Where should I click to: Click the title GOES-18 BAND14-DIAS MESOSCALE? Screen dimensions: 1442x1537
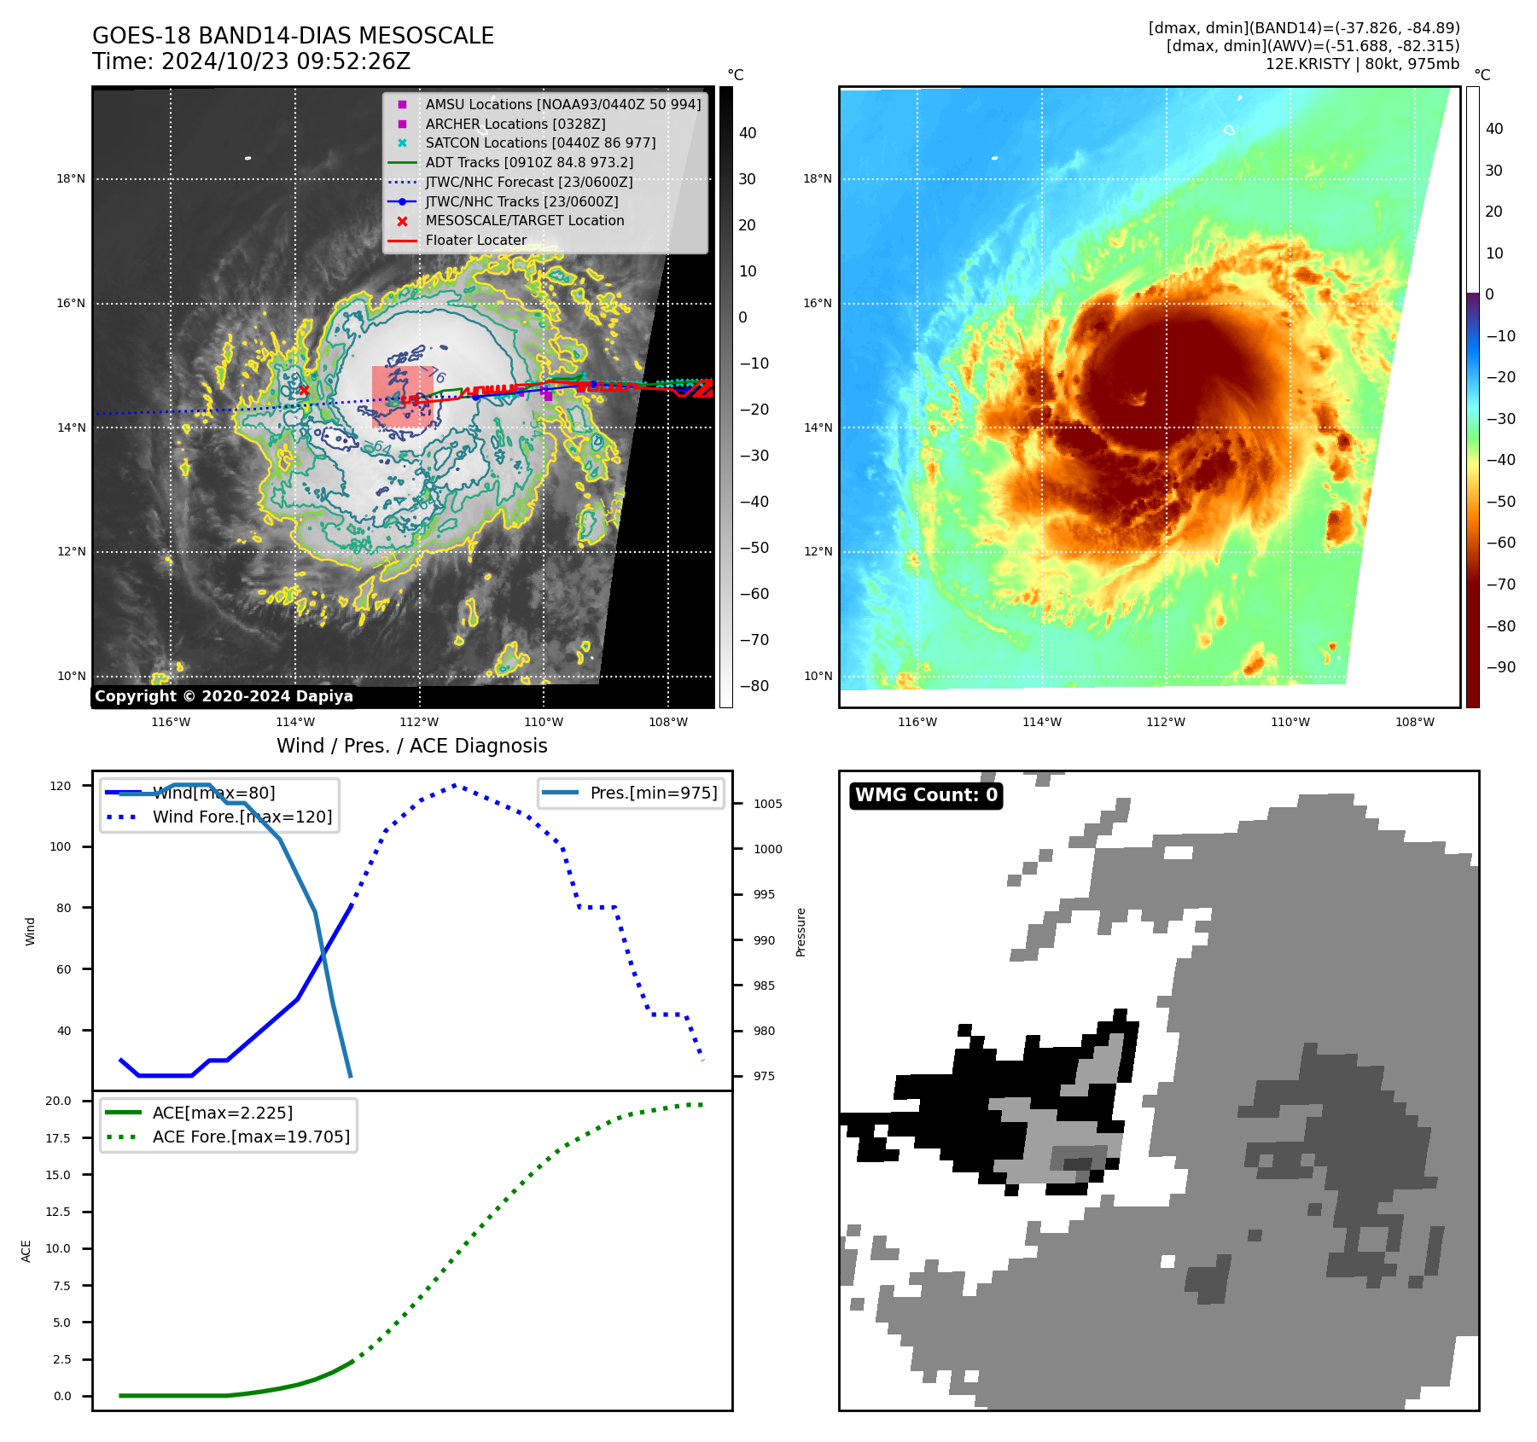[x=293, y=36]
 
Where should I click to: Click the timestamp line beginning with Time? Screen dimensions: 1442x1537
[x=251, y=61]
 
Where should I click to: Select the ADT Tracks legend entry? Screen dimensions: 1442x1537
[x=528, y=162]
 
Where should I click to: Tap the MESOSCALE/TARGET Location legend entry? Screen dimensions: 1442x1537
[x=524, y=220]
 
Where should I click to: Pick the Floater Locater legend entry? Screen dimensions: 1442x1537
[x=475, y=240]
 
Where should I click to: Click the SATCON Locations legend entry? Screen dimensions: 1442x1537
[x=540, y=142]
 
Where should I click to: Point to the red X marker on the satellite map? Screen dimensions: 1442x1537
[x=304, y=390]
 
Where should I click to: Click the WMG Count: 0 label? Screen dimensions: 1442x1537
[x=926, y=795]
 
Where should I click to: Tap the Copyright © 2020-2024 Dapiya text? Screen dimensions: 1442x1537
[x=224, y=696]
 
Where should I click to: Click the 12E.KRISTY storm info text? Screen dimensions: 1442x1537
[x=1362, y=64]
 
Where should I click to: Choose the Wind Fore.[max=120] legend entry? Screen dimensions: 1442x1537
[x=242, y=817]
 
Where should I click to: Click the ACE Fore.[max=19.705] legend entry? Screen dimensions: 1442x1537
[x=251, y=1137]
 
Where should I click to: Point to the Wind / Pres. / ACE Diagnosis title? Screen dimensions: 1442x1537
[x=411, y=746]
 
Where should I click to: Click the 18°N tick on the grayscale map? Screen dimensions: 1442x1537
[x=71, y=179]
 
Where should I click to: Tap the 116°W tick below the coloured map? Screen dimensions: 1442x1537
[x=917, y=722]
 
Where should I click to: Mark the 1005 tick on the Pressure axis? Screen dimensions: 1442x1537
[x=767, y=804]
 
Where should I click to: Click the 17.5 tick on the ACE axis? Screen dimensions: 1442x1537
[x=57, y=1138]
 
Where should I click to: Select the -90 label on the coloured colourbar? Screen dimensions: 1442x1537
[x=1500, y=667]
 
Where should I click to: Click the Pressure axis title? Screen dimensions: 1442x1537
[x=801, y=932]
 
